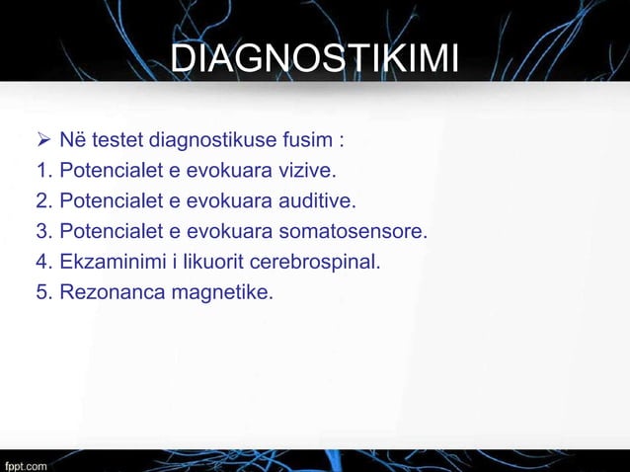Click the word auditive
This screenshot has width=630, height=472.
[x=317, y=203]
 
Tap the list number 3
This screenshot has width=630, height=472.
[x=43, y=233]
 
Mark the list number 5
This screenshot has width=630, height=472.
[x=43, y=292]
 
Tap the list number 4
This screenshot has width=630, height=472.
[x=43, y=263]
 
